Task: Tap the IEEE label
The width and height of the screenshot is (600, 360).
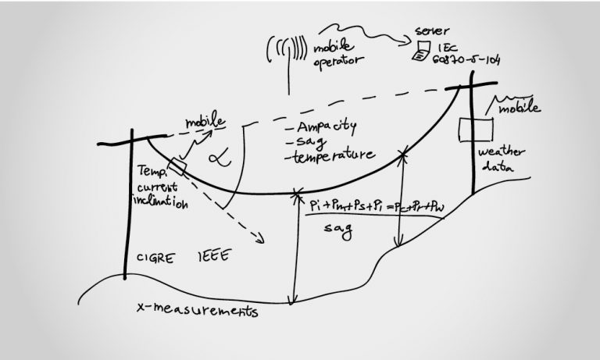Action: pos(213,258)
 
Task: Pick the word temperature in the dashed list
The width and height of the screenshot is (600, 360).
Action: pos(330,156)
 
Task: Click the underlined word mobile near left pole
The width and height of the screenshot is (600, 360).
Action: pos(205,123)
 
